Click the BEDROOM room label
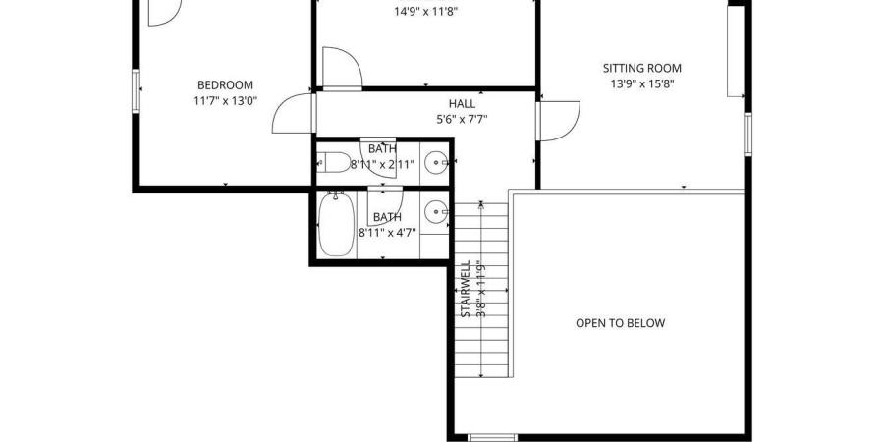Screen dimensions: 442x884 (x=225, y=84)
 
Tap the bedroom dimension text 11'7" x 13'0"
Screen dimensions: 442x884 (x=225, y=100)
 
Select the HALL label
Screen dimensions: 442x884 (x=462, y=103)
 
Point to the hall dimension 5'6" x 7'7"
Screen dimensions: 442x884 (x=462, y=119)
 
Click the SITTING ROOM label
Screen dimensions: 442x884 (x=641, y=68)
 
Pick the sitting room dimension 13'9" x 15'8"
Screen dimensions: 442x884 (x=641, y=83)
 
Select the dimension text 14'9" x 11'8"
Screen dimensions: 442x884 (x=425, y=12)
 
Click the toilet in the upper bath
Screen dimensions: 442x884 (x=336, y=163)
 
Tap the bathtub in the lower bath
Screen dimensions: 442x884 (x=336, y=225)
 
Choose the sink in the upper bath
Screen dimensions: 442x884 (x=435, y=164)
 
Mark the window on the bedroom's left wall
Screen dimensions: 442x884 (x=138, y=89)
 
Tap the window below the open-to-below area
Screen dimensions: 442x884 (x=490, y=437)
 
